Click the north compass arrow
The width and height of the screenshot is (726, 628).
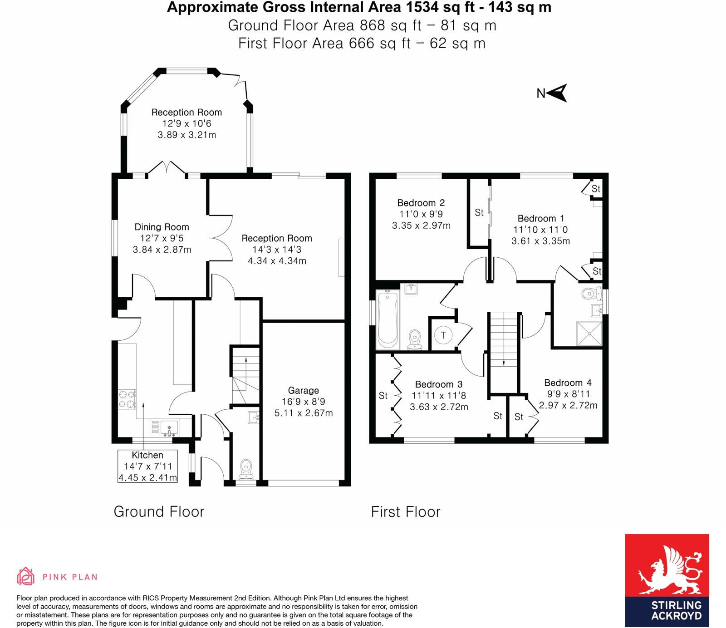coord(558,93)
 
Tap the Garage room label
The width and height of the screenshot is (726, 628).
coord(303,390)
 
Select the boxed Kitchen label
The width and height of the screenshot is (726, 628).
coord(147,466)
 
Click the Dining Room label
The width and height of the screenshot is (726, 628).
coord(162,227)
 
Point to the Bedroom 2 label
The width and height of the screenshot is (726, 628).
coord(421,203)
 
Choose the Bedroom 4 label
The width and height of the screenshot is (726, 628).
coord(568,383)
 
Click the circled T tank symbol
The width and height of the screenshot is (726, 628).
coord(443,335)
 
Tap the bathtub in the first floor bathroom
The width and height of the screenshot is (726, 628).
coord(388,319)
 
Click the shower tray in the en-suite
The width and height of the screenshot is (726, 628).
coord(589,334)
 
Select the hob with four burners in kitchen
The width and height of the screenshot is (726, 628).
coord(127,399)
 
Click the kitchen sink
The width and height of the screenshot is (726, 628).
coord(169,428)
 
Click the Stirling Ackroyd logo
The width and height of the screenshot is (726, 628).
coord(667,580)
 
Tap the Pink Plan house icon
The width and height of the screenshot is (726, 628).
coord(25,576)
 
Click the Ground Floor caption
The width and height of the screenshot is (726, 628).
coord(159,511)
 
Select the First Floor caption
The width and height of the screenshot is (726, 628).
coord(405,512)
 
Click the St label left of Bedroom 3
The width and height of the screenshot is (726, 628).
coord(383,396)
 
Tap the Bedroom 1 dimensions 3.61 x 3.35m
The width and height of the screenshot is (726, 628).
coord(540,241)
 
